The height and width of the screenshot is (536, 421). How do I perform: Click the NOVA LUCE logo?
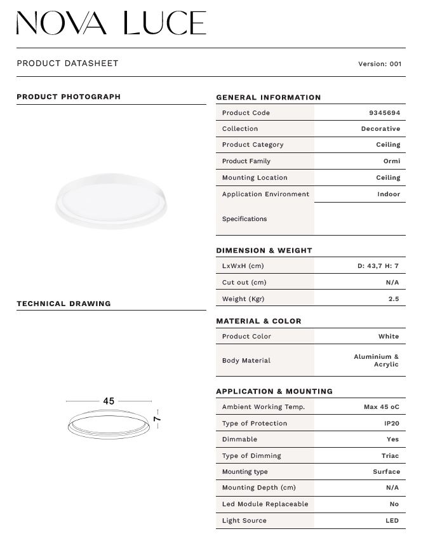click(111, 23)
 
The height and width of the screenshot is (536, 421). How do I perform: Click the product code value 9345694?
click(384, 113)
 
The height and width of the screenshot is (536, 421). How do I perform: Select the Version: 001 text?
click(380, 64)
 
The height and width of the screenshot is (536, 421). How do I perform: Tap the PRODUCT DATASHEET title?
click(67, 64)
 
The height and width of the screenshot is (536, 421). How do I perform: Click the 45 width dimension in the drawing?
click(109, 401)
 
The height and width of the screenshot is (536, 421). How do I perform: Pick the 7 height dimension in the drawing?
click(157, 419)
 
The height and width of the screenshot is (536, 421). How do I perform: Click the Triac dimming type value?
click(390, 456)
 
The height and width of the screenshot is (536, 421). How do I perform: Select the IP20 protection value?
click(391, 424)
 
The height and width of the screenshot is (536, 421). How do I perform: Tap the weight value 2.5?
click(394, 298)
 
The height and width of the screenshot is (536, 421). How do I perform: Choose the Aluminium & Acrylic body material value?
click(377, 361)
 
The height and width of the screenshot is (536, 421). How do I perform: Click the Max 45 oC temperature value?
click(381, 407)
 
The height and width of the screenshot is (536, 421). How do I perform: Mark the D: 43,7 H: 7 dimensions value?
click(378, 266)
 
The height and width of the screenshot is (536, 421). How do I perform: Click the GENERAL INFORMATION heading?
click(268, 98)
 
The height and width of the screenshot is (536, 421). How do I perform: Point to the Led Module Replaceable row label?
click(265, 504)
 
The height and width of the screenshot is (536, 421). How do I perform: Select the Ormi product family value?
click(391, 161)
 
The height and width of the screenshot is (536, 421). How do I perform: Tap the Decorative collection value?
click(380, 129)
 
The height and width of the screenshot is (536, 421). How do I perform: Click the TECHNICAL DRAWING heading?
click(63, 304)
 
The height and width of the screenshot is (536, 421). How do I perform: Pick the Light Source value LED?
click(392, 521)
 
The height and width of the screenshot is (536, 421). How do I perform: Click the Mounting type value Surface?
click(386, 472)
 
